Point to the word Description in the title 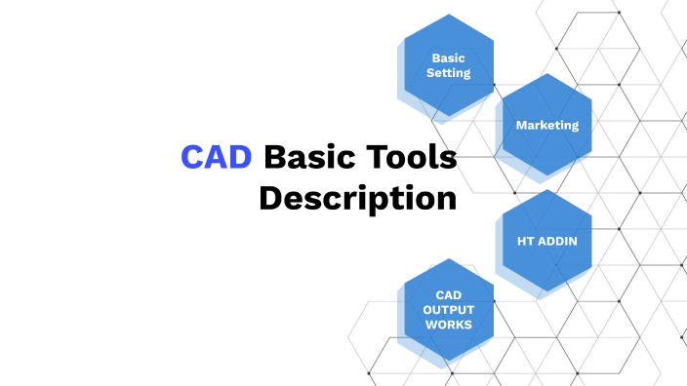(x=357, y=198)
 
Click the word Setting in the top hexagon (x=449, y=73)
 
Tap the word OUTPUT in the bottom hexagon (x=449, y=309)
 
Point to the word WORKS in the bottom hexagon (x=449, y=324)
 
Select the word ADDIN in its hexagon (x=559, y=238)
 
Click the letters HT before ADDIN (x=527, y=238)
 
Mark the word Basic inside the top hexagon (x=449, y=58)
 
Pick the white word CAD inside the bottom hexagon (x=449, y=294)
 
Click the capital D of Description (x=270, y=198)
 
